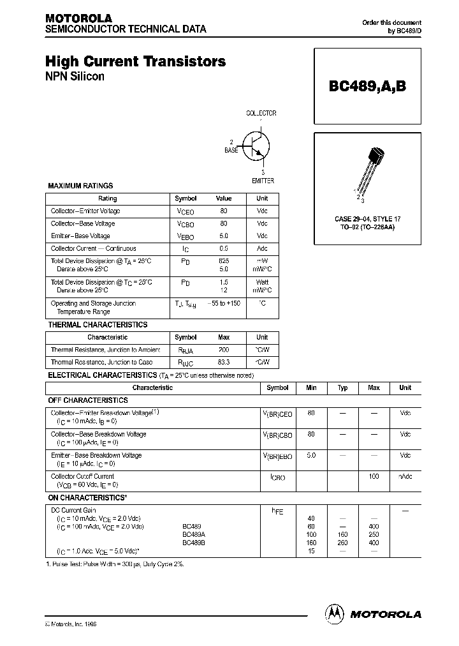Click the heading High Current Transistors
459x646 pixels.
pos(135,62)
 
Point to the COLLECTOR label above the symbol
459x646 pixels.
pos(261,113)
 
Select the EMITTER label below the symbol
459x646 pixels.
pos(263,181)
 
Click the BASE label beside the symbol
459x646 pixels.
pos(231,150)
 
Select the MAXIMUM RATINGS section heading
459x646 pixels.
pos(80,186)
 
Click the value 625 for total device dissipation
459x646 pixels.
pos(224,261)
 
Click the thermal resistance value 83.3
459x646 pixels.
pos(224,362)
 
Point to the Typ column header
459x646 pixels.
pos(342,387)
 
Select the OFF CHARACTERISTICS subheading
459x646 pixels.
pos(88,400)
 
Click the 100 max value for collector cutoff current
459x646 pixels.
pos(374,476)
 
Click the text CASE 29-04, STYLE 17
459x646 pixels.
pos(367,219)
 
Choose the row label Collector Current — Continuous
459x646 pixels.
pos(93,248)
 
